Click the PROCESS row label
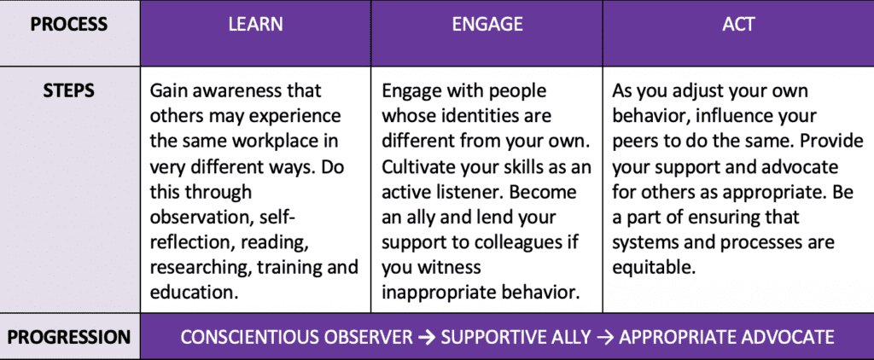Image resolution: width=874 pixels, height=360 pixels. click(69, 25)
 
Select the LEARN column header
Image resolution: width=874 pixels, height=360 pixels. click(255, 24)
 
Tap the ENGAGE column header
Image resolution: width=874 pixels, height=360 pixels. click(487, 24)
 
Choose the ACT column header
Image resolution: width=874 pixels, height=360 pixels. click(738, 24)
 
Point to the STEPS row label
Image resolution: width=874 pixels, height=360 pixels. click(69, 90)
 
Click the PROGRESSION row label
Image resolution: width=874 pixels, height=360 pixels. click(69, 337)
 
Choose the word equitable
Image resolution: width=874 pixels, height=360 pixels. click(654, 267)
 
